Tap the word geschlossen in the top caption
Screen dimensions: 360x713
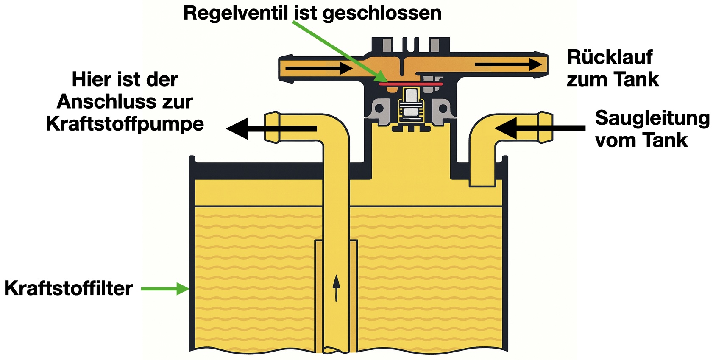click(382, 13)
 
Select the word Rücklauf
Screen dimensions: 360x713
click(610, 57)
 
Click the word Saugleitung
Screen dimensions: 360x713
click(652, 118)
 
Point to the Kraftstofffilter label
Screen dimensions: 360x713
click(68, 288)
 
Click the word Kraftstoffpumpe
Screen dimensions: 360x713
click(125, 124)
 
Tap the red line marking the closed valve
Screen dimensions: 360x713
click(410, 84)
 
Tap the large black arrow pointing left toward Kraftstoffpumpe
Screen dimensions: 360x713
click(271, 128)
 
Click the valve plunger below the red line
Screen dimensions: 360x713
click(410, 104)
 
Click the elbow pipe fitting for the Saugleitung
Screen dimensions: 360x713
click(545, 127)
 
